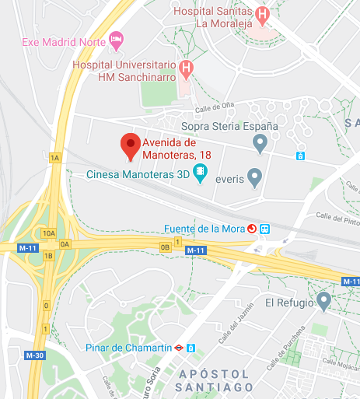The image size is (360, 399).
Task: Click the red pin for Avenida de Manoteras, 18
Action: coord(130,146)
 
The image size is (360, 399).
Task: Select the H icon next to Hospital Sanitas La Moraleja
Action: coord(263,13)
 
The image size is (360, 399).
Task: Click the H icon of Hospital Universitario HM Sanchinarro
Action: coord(186,68)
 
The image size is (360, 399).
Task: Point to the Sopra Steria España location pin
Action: coord(261,142)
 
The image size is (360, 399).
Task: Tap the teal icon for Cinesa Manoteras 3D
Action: coord(201,174)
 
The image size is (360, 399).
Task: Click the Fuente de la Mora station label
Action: coord(204,229)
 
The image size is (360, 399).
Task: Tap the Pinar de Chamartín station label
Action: coord(126,348)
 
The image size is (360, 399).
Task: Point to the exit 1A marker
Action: coord(54,158)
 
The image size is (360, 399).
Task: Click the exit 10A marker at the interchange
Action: coord(49,233)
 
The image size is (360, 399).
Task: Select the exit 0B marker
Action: coord(164,247)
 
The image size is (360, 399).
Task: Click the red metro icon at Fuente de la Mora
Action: coord(252,229)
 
